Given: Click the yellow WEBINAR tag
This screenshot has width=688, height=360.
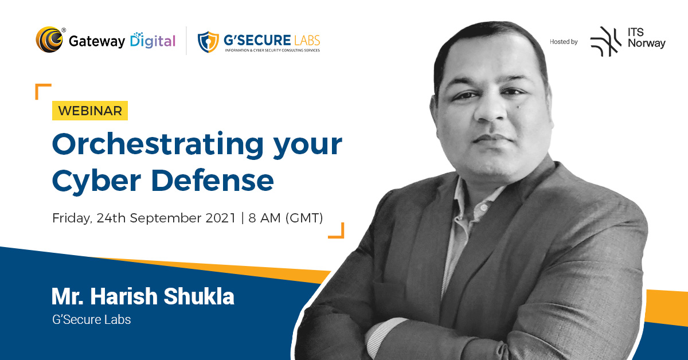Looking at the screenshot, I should pyautogui.click(x=90, y=111).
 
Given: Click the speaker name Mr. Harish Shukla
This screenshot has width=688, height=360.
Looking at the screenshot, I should pyautogui.click(x=143, y=297).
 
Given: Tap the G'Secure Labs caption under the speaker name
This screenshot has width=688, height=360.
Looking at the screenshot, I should pyautogui.click(x=91, y=319).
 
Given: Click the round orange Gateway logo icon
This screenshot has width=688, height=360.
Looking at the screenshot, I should pyautogui.click(x=49, y=40).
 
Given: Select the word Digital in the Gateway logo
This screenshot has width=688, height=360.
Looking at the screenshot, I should pyautogui.click(x=153, y=41).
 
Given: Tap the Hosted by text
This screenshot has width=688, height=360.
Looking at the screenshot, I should pyautogui.click(x=563, y=41).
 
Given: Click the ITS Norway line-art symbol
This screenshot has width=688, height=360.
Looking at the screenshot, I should pyautogui.click(x=605, y=41).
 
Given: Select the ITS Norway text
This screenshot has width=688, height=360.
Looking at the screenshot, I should pyautogui.click(x=646, y=38).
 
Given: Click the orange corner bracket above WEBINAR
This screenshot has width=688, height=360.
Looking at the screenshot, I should pyautogui.click(x=42, y=91).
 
